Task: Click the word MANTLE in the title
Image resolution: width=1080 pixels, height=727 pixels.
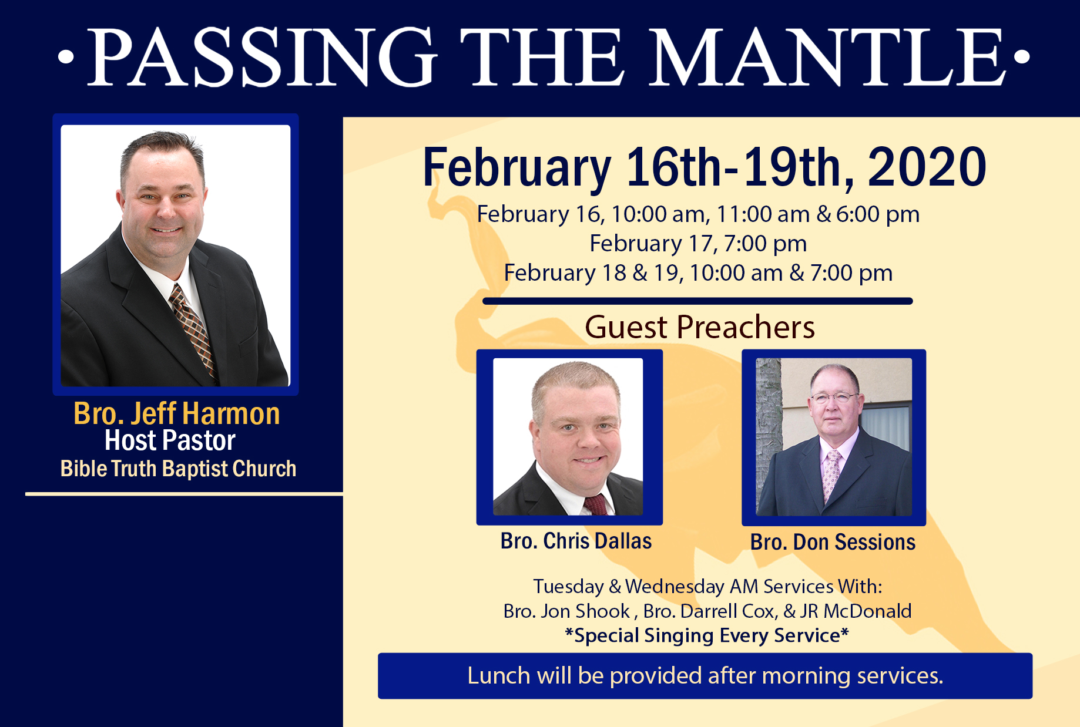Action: (828, 57)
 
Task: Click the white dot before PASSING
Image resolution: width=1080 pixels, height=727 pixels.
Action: (66, 57)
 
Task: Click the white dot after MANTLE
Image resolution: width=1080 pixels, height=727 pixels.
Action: (1022, 57)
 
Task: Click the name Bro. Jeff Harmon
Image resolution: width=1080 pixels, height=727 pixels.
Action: (177, 413)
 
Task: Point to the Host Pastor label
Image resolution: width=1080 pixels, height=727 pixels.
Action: (170, 440)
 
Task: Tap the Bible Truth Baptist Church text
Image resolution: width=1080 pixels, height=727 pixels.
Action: (178, 469)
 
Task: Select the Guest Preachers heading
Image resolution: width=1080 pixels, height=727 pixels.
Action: (700, 327)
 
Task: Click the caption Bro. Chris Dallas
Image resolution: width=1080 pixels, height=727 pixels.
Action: (576, 541)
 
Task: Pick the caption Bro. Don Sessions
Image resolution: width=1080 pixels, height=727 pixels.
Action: (833, 542)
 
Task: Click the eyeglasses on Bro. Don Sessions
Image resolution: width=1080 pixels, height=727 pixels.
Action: (834, 398)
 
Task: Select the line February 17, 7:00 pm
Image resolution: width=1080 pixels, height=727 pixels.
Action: (698, 244)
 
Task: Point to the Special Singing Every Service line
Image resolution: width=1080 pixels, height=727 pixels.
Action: (707, 635)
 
